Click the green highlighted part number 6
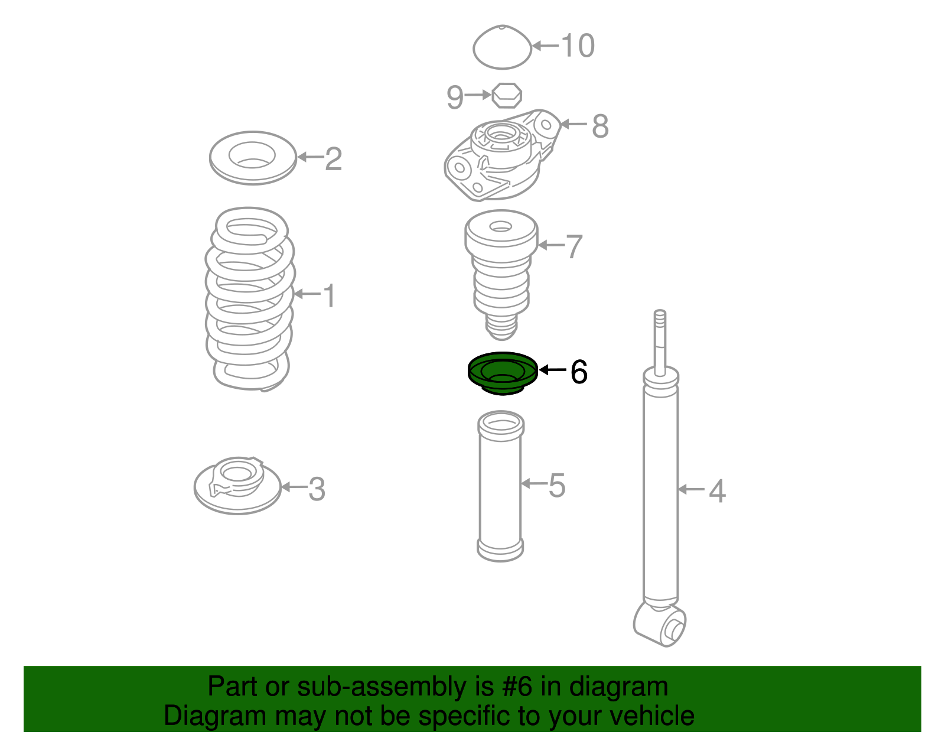tap(502, 373)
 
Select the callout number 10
tap(578, 45)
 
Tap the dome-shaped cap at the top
tap(502, 47)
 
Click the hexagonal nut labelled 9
tap(507, 95)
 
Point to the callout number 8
tap(600, 126)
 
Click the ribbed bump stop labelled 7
tap(501, 275)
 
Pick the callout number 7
tap(574, 246)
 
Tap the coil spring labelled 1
tap(250, 299)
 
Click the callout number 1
tap(329, 295)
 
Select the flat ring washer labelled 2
tap(253, 158)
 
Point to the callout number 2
tap(334, 159)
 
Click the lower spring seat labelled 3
tap(237, 486)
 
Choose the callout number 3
tap(317, 489)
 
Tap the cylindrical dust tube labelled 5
tap(500, 486)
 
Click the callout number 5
tap(557, 485)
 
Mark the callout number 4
tap(717, 492)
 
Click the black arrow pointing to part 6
tap(553, 370)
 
